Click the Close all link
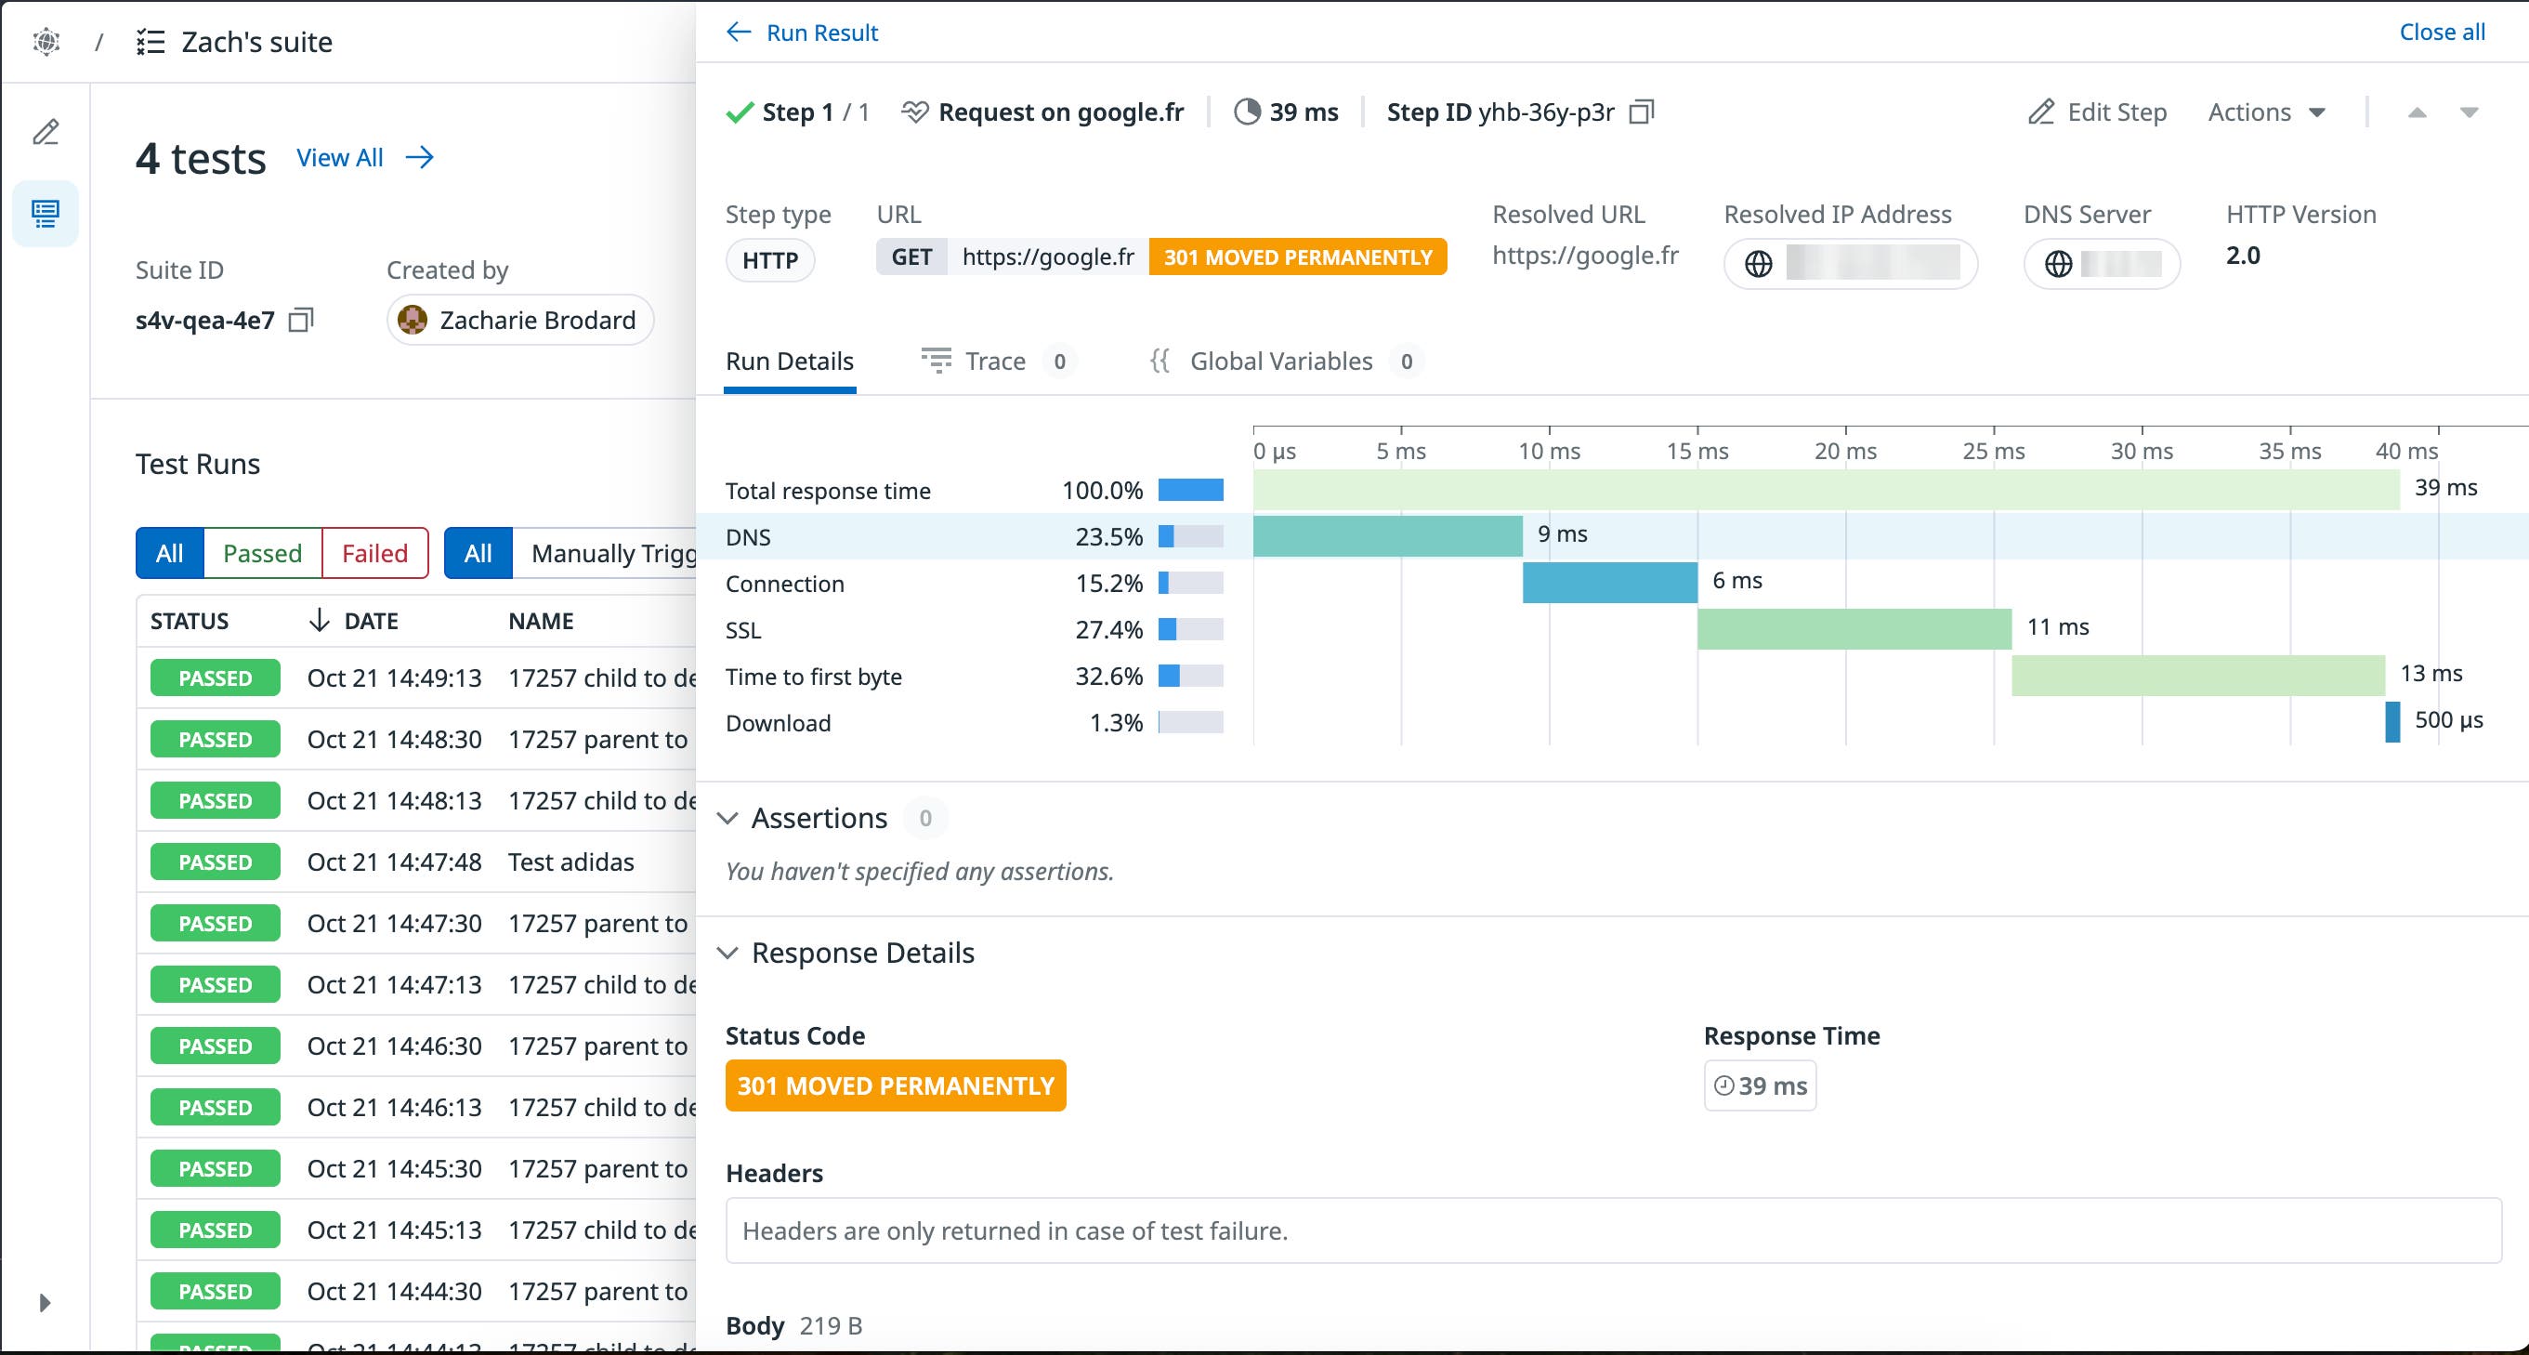coord(2442,33)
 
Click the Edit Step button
coord(2098,113)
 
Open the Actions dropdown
coord(2266,113)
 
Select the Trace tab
coord(994,362)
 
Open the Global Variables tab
coord(1280,362)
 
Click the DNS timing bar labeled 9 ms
coord(1387,536)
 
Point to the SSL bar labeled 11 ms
coord(1854,629)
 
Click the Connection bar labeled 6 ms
coord(1609,583)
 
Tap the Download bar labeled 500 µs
coord(2392,722)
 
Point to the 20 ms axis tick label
coord(1844,452)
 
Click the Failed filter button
coord(374,554)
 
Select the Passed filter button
coord(262,554)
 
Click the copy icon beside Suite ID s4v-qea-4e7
coord(300,320)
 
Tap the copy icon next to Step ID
coord(1642,113)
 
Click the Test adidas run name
coord(571,862)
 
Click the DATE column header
coord(370,622)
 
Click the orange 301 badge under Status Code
coord(896,1086)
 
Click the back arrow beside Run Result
coord(739,33)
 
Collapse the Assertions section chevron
coord(727,819)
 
